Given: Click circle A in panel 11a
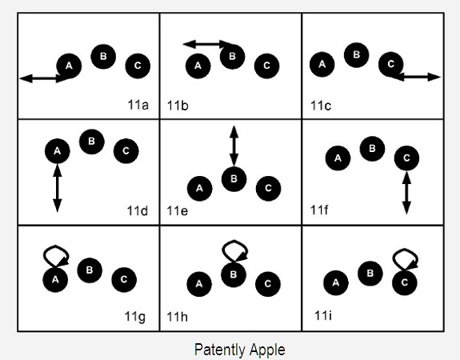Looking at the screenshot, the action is coord(69,66).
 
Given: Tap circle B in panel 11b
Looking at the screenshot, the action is coord(232,56).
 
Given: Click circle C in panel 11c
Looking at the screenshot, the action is coord(390,64).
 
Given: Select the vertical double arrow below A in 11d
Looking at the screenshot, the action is coord(58,188).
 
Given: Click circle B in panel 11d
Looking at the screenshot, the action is coord(92,142).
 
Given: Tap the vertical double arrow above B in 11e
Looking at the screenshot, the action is coord(234,146).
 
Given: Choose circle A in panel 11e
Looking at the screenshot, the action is coord(199,188).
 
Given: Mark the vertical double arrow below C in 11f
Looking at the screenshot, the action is coord(406,193).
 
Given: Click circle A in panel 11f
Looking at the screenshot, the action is coord(338,158).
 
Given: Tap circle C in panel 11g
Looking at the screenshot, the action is coord(124,280).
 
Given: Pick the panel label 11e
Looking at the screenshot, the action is coord(177,211).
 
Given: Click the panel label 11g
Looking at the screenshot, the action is coord(135,317).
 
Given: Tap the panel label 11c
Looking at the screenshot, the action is coord(321,106).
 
